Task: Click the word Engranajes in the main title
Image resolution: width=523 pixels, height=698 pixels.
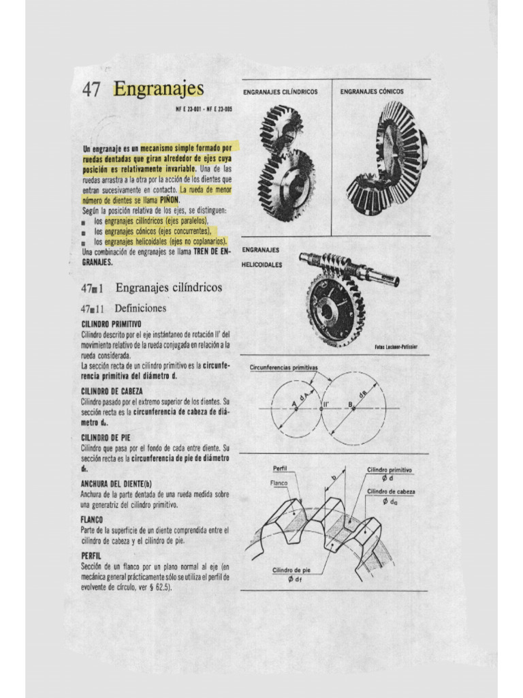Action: tap(159, 89)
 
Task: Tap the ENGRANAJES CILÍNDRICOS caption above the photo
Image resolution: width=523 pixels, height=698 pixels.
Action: tap(280, 91)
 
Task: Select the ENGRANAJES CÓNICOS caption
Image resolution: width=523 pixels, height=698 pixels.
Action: tap(372, 91)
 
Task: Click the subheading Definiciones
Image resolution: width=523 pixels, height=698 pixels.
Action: tap(140, 308)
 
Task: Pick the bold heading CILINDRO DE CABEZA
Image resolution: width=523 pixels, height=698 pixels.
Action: tap(112, 391)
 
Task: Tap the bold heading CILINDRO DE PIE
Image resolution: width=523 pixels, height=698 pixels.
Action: tap(106, 437)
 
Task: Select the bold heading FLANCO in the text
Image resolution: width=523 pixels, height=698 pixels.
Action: tap(92, 519)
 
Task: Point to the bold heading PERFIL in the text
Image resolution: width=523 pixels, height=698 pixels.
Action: tap(91, 556)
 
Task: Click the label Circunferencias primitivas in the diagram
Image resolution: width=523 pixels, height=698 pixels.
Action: tap(284, 367)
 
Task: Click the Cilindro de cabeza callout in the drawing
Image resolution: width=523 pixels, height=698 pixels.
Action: tap(391, 491)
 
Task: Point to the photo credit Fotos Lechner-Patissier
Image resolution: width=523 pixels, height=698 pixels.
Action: tap(396, 347)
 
